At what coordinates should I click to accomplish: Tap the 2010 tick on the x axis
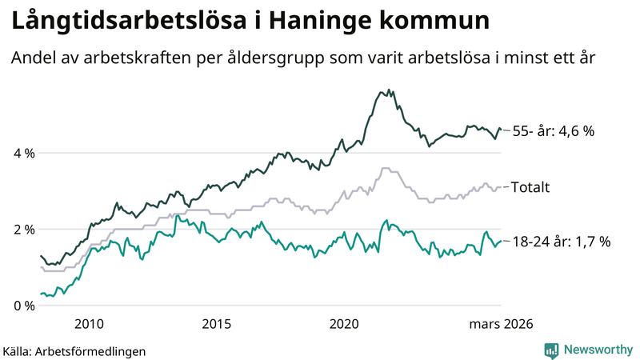click(x=89, y=323)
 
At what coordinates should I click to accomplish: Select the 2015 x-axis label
click(x=217, y=323)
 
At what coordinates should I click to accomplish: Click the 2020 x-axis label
click(x=345, y=323)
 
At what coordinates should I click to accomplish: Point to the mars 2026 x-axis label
click(x=500, y=323)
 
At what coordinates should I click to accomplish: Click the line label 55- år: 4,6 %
click(x=554, y=131)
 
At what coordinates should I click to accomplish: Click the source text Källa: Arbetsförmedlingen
click(x=75, y=350)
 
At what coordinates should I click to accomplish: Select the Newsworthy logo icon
click(x=552, y=350)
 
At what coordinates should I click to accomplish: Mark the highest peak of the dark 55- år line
click(x=389, y=90)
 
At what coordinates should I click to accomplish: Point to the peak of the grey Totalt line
click(x=386, y=168)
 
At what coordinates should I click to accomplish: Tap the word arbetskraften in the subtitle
click(x=122, y=58)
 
